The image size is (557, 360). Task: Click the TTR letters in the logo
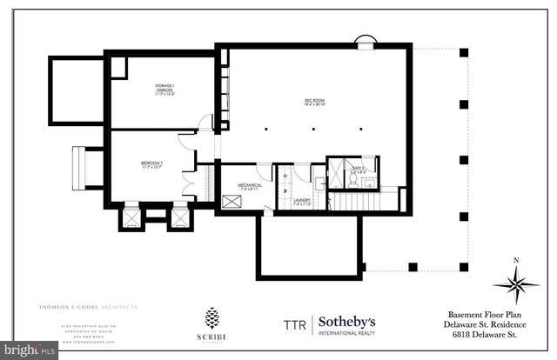point(294,323)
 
